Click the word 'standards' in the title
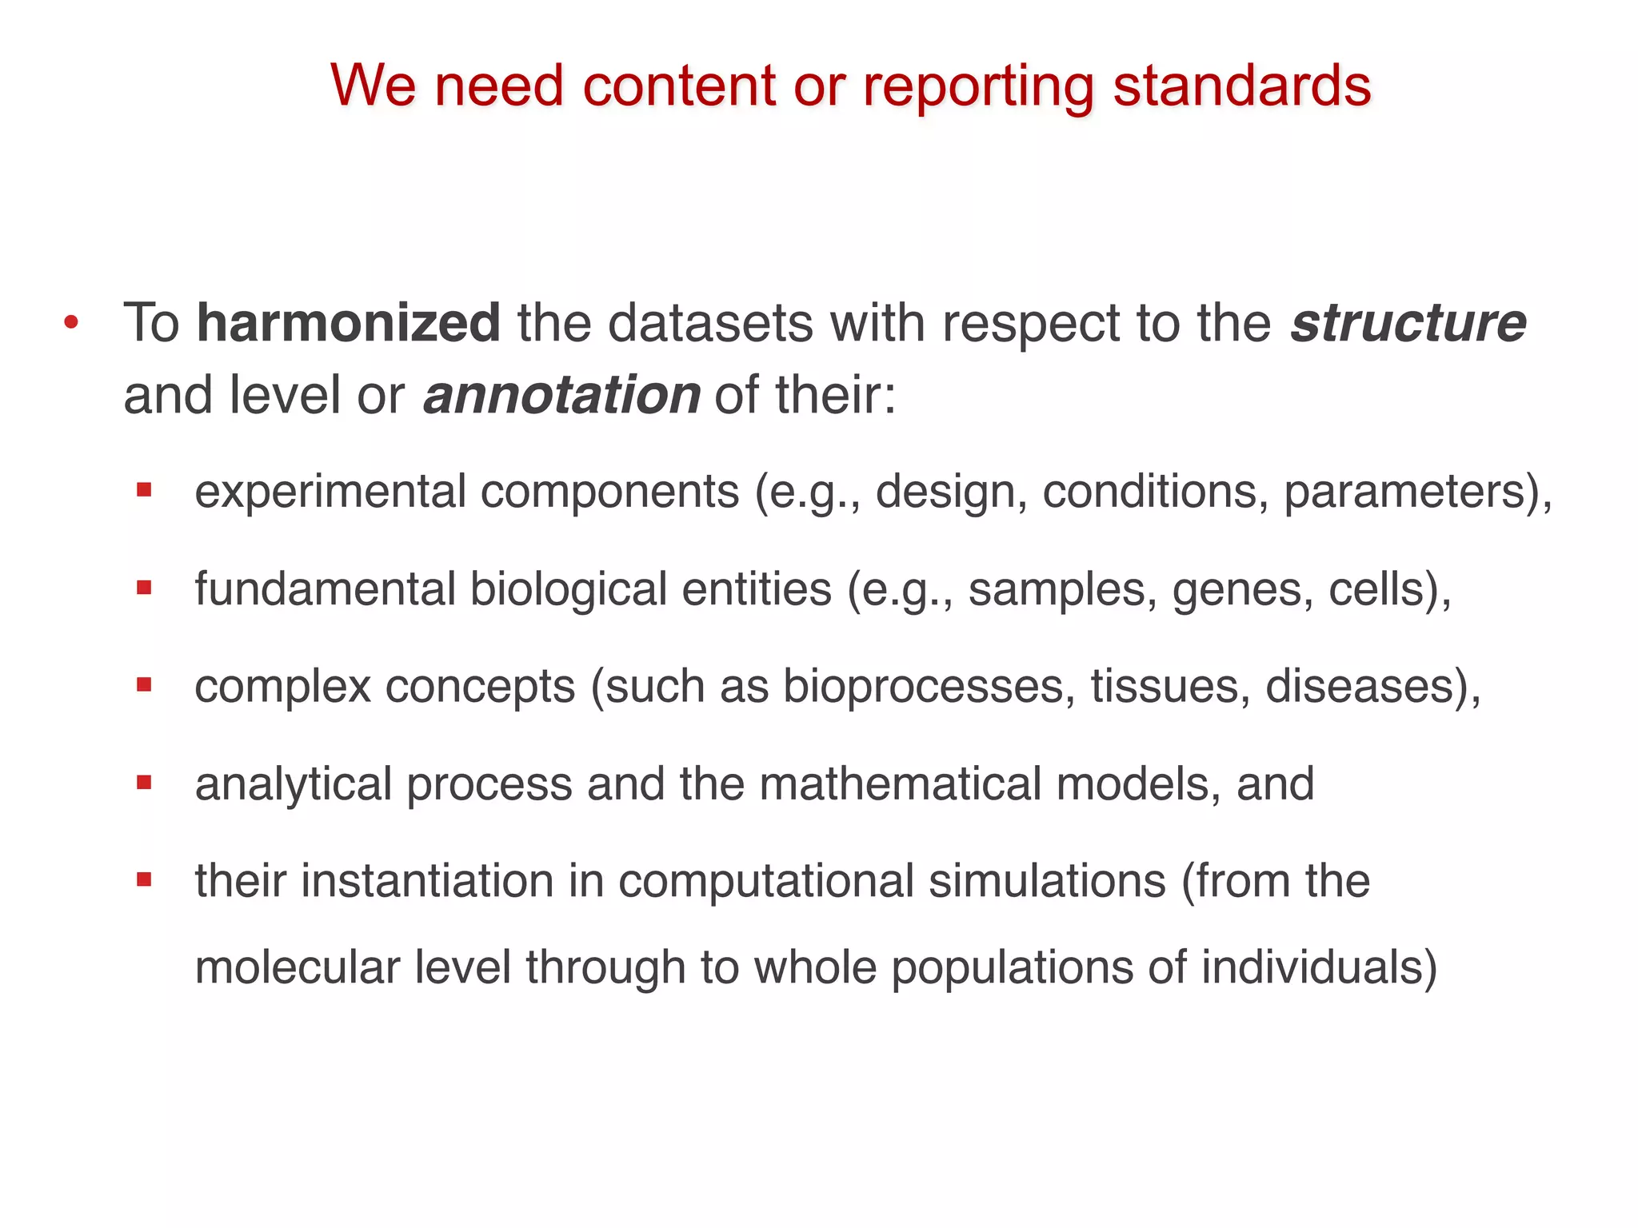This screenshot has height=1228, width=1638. (1241, 86)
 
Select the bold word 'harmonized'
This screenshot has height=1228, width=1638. (349, 323)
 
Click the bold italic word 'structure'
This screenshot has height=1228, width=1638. (1408, 323)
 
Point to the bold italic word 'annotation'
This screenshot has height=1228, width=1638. (561, 395)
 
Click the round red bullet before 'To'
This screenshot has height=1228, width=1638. (71, 324)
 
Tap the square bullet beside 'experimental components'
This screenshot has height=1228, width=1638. (144, 490)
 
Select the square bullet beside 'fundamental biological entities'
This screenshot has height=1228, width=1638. (144, 588)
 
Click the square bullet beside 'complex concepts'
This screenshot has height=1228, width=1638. (144, 685)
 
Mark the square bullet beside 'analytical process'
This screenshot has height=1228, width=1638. (144, 783)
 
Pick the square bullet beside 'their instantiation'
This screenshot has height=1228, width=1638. (144, 880)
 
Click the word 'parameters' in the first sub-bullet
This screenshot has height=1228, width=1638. (1409, 492)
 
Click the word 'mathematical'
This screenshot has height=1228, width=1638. (899, 783)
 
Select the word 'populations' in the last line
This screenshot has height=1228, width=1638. (1012, 967)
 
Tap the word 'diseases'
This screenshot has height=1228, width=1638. (1363, 687)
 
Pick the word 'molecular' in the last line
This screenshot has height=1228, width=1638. (297, 967)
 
